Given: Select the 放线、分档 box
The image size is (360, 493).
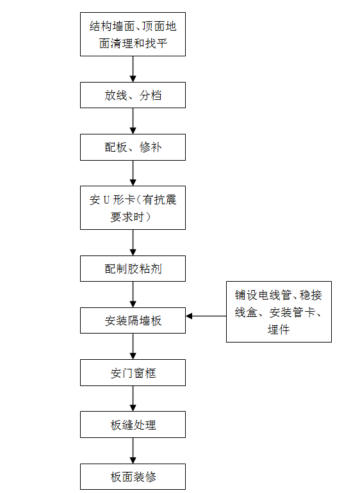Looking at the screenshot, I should click(x=133, y=95).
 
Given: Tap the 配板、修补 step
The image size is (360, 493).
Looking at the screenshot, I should click(x=133, y=147).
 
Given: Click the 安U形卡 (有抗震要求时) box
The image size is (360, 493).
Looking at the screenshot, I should click(x=133, y=208).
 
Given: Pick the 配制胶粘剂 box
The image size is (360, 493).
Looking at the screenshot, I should click(x=133, y=268).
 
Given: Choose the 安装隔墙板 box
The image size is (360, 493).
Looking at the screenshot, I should click(x=133, y=320).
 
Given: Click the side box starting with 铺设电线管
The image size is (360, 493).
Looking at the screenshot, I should click(x=279, y=312).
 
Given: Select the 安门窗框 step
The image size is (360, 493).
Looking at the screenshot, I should click(x=133, y=373).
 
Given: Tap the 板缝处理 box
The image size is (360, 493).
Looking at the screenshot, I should click(x=133, y=424).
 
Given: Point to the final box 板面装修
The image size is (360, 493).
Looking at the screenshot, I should click(x=133, y=476).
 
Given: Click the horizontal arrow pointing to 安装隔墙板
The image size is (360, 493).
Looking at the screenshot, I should click(x=206, y=316).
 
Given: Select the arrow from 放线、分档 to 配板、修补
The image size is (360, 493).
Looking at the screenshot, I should click(x=133, y=121).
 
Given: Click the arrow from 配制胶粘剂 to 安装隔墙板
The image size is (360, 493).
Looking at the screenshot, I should click(x=133, y=295).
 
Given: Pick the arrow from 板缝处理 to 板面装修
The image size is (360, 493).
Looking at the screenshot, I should click(x=133, y=451).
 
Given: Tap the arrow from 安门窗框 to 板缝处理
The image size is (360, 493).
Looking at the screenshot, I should click(x=133, y=398).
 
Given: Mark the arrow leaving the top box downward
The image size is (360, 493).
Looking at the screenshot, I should click(x=133, y=69).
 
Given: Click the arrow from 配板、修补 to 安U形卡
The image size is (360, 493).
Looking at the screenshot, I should click(x=133, y=173).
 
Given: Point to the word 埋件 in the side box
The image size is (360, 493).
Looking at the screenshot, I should click(x=279, y=329).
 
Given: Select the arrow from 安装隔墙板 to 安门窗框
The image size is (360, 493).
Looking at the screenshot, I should click(x=133, y=346).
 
